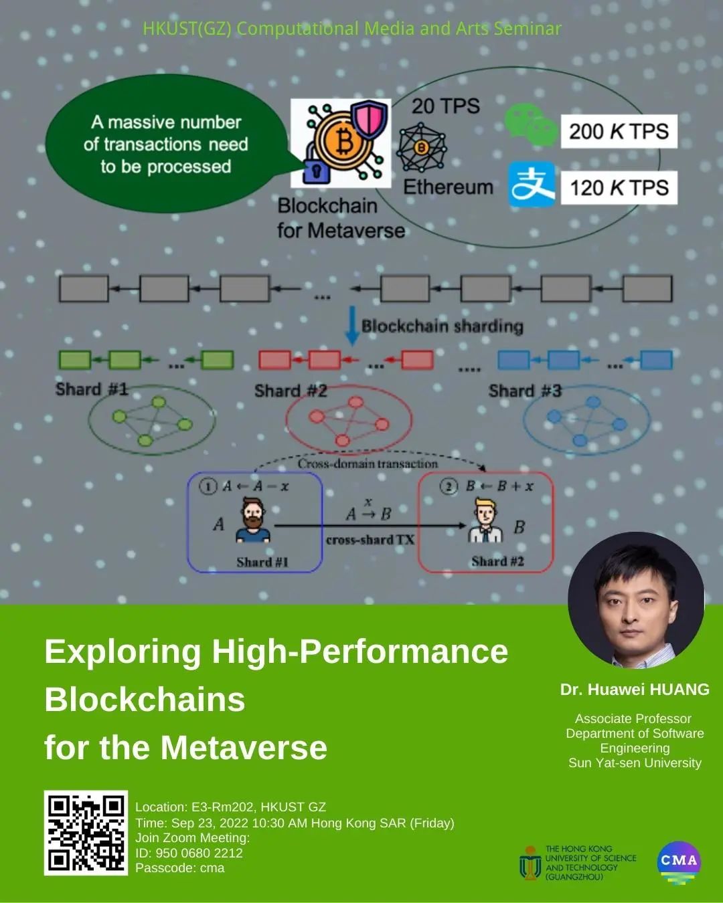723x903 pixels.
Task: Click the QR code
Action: [x=86, y=833]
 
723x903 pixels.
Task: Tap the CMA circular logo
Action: [x=679, y=862]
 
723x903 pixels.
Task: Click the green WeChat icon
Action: [x=530, y=125]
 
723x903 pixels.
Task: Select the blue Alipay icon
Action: [x=532, y=184]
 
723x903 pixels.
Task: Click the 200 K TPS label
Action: [x=619, y=131]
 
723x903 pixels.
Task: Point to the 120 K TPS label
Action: [x=619, y=187]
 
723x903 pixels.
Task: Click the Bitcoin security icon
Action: [x=341, y=142]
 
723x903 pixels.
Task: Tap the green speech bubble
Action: [x=165, y=144]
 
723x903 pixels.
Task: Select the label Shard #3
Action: [x=525, y=391]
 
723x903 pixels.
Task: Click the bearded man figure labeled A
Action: [x=254, y=520]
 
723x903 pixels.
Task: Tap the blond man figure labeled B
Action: [x=485, y=522]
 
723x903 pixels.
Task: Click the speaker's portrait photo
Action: [x=635, y=600]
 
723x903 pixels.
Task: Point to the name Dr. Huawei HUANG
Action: [x=635, y=690]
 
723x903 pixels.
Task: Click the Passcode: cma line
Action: [x=180, y=868]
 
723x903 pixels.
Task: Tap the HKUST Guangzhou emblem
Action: [x=530, y=862]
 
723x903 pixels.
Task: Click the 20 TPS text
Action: [x=445, y=106]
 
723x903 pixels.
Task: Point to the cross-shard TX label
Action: [x=370, y=540]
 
